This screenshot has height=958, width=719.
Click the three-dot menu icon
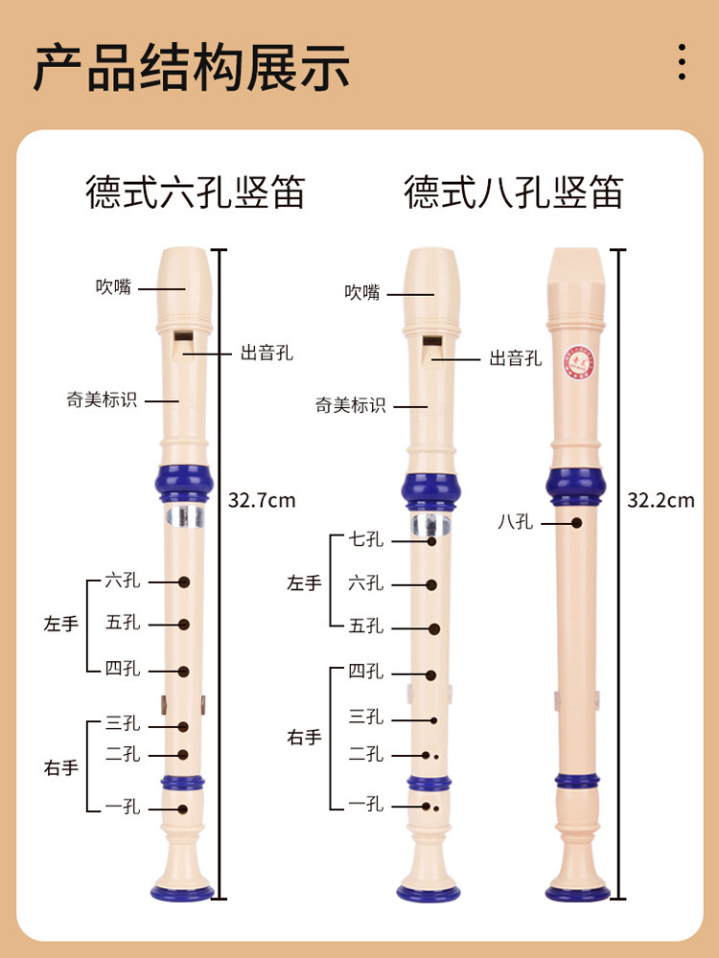point(682,61)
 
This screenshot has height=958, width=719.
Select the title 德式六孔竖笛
point(196,192)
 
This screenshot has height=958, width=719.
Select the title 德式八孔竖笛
point(514,192)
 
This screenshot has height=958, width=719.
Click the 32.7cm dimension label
point(262,499)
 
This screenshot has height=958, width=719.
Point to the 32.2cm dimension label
point(661,499)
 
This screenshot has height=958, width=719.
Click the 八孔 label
point(516,522)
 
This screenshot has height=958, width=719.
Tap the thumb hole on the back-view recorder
point(577,523)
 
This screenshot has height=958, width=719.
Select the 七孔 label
point(365,539)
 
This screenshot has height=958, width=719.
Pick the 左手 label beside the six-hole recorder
point(61,624)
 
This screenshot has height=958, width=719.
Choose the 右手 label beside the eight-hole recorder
point(305,738)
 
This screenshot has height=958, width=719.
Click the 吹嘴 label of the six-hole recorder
point(113,285)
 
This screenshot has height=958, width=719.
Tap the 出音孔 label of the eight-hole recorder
point(516,359)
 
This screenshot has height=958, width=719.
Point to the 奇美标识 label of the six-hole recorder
point(102,400)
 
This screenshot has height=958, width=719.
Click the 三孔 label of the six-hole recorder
point(123,722)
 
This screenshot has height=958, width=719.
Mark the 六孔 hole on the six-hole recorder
point(184,582)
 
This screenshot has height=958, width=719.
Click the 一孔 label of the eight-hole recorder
point(365,805)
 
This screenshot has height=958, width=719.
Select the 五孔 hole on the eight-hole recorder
point(434,629)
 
